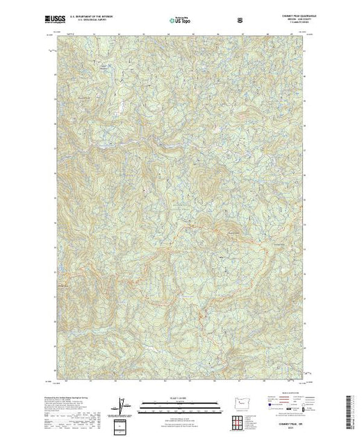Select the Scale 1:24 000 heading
181,398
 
